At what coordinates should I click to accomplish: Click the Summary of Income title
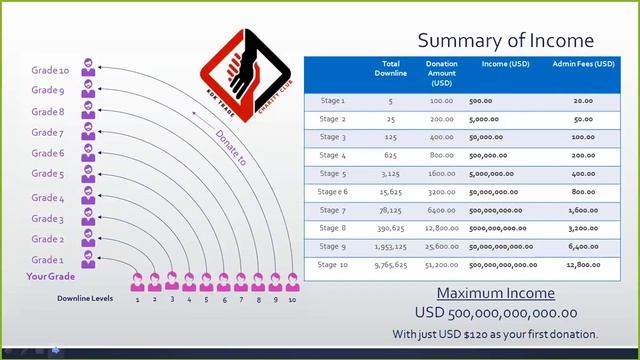[505, 40]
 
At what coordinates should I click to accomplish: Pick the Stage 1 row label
[332, 101]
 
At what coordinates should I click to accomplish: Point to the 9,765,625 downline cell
[391, 265]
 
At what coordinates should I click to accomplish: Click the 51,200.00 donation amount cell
[441, 265]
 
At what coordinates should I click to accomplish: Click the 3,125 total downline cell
[391, 173]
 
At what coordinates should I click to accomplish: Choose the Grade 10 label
[50, 71]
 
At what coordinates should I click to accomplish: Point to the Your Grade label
[51, 277]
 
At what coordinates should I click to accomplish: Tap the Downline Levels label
[85, 298]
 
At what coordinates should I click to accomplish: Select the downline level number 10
[292, 299]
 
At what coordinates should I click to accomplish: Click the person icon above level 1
[138, 281]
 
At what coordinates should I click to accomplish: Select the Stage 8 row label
[332, 228]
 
